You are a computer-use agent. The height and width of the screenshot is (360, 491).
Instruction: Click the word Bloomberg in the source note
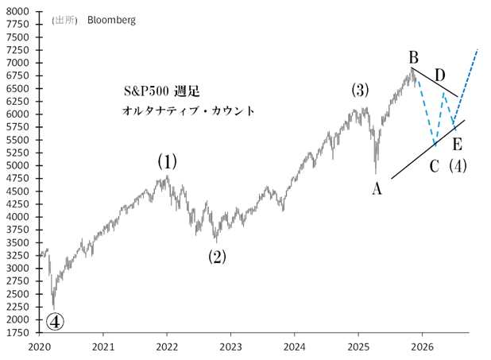coord(111,21)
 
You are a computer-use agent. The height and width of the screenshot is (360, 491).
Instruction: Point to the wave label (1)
coord(167,162)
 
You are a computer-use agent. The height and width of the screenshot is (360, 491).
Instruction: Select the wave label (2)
coord(217,257)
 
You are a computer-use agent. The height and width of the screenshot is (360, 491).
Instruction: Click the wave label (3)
coord(360,91)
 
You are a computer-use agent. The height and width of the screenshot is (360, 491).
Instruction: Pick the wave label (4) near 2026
coord(458,166)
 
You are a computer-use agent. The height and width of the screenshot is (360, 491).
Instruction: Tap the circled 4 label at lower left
coord(55,321)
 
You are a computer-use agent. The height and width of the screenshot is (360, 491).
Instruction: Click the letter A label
coord(377,188)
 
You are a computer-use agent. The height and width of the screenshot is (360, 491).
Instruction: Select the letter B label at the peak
coord(413,57)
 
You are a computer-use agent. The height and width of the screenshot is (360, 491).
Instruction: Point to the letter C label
coord(434,166)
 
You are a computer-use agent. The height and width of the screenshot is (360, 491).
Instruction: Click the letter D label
coord(439,75)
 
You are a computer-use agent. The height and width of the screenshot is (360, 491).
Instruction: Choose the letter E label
coord(457,145)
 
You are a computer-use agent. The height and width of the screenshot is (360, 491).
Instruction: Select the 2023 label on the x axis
coord(230,346)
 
